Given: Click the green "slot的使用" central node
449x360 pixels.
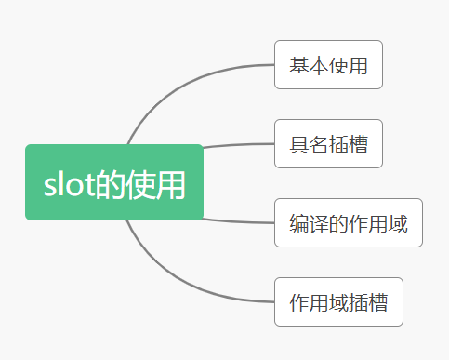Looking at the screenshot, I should click(113, 182).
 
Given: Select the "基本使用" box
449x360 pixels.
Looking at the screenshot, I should click(328, 65).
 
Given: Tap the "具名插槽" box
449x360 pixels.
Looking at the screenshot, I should click(328, 144).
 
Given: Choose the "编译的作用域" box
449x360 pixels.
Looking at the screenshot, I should click(348, 223).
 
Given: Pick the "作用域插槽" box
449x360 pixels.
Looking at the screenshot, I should click(338, 302).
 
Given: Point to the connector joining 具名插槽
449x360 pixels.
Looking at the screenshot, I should click(237, 145).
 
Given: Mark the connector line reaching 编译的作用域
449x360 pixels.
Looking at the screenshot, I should click(237, 221).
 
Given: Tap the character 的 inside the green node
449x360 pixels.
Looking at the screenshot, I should click(112, 184).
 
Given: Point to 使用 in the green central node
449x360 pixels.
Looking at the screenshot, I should click(157, 184).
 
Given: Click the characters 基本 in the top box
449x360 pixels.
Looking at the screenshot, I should click(309, 65).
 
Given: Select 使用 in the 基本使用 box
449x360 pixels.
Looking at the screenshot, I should click(348, 65).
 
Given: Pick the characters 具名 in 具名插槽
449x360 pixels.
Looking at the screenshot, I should click(309, 144).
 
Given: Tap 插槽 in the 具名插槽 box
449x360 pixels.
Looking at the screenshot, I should click(348, 144).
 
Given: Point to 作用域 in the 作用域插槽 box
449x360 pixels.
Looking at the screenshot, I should click(319, 302).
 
